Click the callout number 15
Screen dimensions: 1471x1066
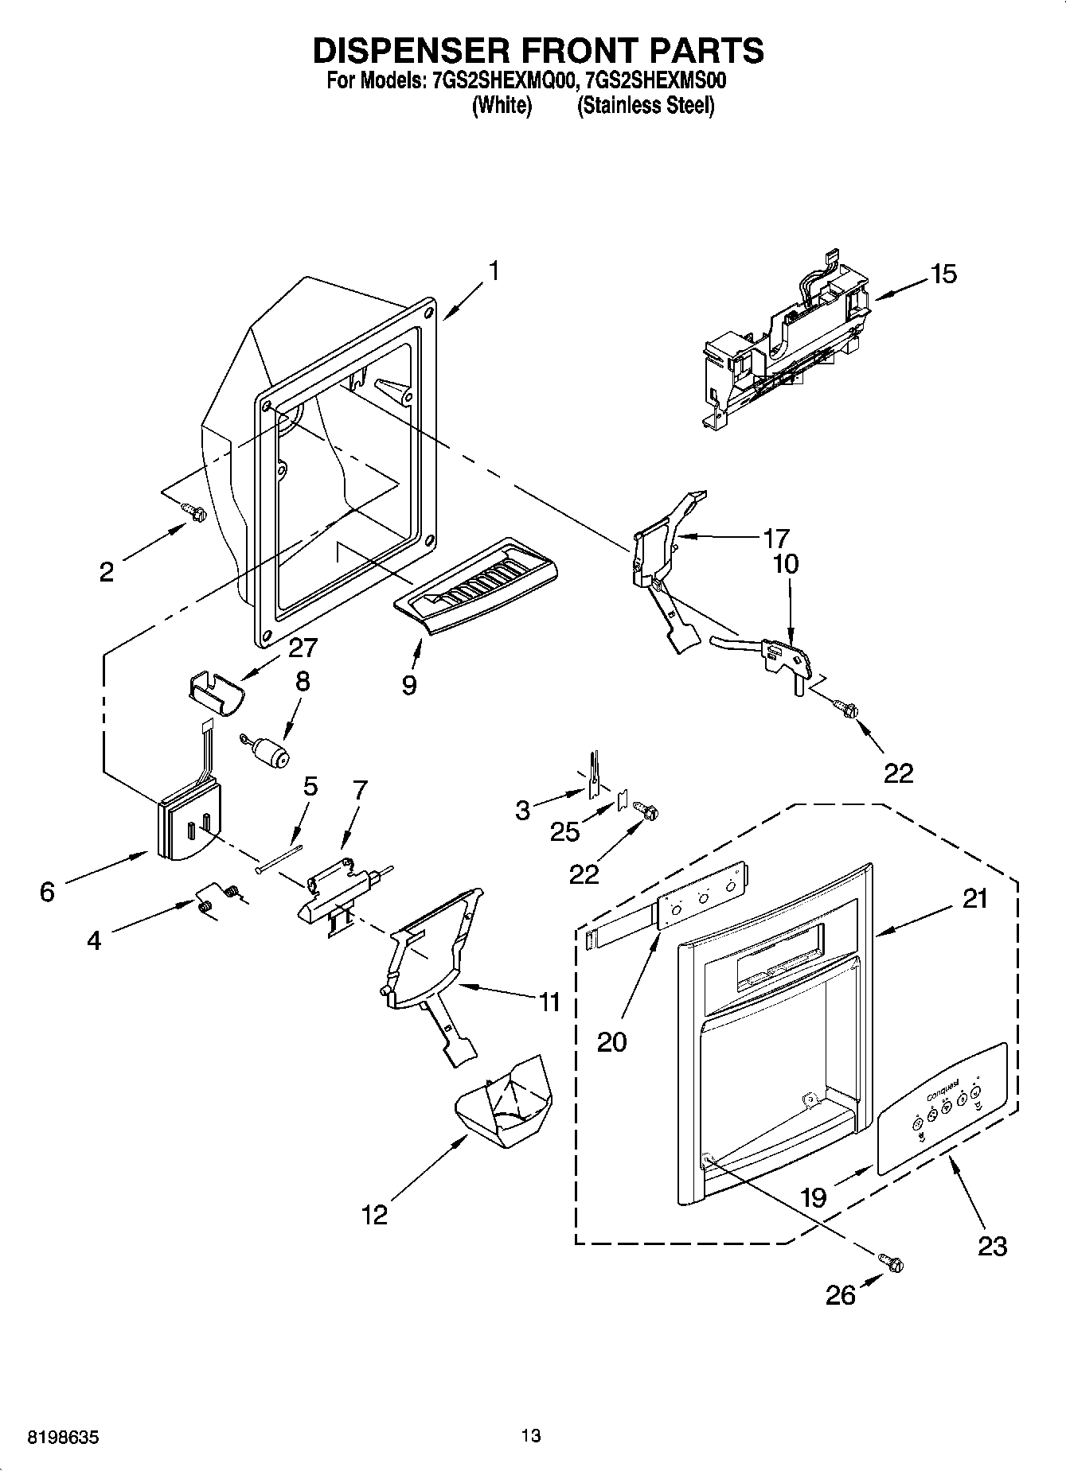tap(943, 274)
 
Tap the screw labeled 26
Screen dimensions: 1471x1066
tap(892, 1263)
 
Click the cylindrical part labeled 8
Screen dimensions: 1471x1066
tap(271, 752)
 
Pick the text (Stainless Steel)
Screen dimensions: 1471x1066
tap(645, 105)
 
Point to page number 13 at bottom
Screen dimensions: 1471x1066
tap(531, 1436)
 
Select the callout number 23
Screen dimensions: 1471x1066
tap(992, 1246)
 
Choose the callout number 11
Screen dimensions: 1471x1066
tap(549, 1002)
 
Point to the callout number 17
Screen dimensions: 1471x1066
tap(775, 539)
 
